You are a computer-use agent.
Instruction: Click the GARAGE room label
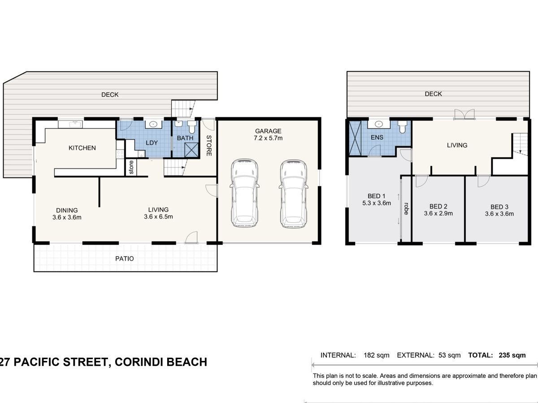coord(268,131)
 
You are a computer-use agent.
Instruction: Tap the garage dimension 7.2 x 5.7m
coord(268,138)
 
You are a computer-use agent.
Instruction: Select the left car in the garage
coord(244,193)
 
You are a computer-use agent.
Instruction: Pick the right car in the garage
coord(293,194)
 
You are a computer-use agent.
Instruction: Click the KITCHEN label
coord(82,148)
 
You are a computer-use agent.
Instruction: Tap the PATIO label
coord(125,259)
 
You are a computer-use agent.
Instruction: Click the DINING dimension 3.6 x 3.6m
coord(67,217)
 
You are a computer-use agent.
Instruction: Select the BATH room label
coord(185,138)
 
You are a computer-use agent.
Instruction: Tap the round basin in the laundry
coord(153,124)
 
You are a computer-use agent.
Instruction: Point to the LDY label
coord(152,143)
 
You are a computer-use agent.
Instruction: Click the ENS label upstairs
coord(377,137)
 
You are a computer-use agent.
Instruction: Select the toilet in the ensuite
coord(402,127)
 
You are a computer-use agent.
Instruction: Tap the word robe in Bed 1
coord(406,209)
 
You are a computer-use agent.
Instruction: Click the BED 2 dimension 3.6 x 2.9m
coord(438,214)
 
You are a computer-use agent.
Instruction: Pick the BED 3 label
coord(499,207)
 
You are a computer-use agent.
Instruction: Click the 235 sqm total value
coord(512,355)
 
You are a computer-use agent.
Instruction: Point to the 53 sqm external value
coord(450,355)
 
